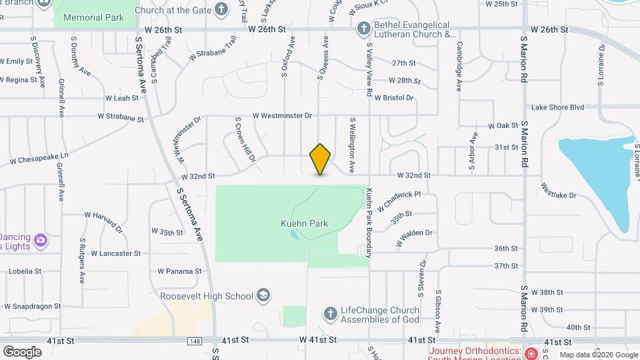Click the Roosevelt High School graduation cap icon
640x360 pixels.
(264, 295)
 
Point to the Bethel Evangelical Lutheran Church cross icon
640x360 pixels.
(363, 29)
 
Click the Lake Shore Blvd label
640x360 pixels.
(557, 107)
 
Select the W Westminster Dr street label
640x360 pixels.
(282, 115)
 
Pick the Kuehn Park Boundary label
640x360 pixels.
(369, 223)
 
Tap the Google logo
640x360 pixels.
(22, 351)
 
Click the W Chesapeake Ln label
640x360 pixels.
(39, 158)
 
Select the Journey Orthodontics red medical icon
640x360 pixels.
(531, 353)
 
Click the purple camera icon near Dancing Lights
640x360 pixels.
(41, 239)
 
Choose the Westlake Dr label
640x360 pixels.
(558, 191)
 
